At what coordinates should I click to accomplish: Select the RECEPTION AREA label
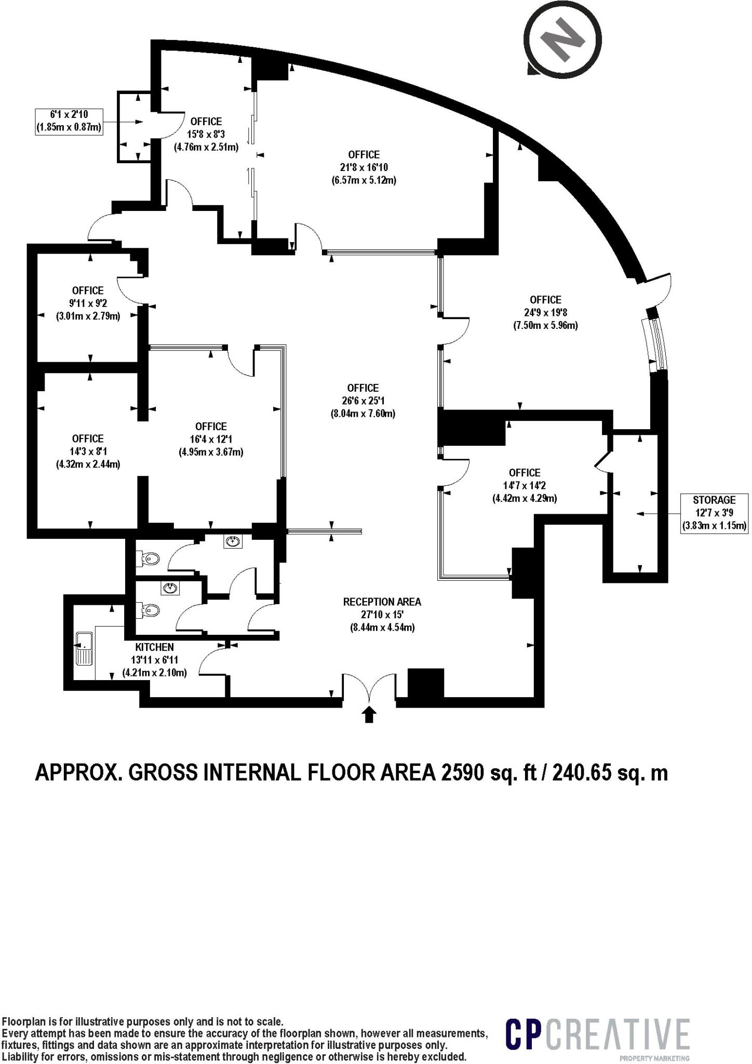(x=382, y=602)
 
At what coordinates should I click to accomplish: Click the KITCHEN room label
(x=154, y=647)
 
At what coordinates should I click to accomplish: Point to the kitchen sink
(x=84, y=648)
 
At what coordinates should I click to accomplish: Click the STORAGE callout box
(x=714, y=513)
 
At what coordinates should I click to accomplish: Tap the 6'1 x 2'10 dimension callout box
(x=69, y=122)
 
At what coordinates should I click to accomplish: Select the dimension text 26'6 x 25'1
(x=363, y=401)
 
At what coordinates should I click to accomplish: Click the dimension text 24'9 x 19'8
(x=545, y=313)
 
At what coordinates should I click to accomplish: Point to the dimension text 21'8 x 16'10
(x=364, y=167)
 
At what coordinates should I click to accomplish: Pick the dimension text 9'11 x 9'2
(x=88, y=303)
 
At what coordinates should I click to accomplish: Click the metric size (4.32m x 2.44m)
(x=88, y=464)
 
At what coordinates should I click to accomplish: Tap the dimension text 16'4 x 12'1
(x=211, y=440)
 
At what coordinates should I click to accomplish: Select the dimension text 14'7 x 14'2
(x=525, y=486)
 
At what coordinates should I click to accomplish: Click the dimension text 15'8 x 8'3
(x=206, y=134)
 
